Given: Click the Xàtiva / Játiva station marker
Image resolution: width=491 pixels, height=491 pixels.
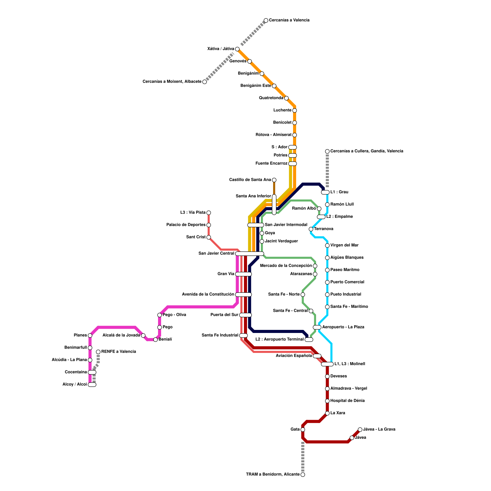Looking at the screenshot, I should click(237, 49).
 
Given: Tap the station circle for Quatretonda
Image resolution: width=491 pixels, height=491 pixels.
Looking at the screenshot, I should click(286, 98).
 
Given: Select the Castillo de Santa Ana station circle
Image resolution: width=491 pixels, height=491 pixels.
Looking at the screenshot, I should click(274, 180).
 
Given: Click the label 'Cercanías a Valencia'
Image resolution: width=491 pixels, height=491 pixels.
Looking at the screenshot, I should click(289, 20).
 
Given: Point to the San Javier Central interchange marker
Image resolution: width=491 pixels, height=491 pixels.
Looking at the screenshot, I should click(249, 254).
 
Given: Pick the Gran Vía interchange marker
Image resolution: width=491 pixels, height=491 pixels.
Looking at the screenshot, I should click(243, 274).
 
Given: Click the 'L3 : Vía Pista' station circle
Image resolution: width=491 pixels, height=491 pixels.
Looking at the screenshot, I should click(209, 213).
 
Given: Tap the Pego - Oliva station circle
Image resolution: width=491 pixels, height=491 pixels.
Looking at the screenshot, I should click(160, 315).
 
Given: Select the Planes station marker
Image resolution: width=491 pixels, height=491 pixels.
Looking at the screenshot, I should click(90, 335).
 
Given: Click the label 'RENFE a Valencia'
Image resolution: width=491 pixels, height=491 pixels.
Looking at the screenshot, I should click(118, 352).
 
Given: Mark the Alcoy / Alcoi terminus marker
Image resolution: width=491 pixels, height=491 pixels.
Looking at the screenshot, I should click(92, 385).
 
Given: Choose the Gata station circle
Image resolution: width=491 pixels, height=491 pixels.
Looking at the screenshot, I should click(303, 430).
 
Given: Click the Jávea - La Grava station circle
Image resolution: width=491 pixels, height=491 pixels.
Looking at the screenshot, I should click(360, 430).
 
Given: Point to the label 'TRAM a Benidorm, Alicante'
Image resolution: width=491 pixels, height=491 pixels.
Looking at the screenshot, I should click(273, 474).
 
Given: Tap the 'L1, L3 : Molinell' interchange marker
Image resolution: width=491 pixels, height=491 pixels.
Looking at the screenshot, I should click(327, 364).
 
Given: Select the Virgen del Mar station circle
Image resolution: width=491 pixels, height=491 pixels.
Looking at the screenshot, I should click(327, 245).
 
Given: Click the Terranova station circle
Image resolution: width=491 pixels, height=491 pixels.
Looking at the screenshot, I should click(311, 229).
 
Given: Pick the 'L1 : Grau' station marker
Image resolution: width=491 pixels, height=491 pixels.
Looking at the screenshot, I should click(325, 192).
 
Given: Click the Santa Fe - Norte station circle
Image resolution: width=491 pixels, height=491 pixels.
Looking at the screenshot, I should click(303, 295).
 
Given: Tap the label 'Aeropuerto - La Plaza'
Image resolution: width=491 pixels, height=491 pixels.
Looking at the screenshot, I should click(343, 327).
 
